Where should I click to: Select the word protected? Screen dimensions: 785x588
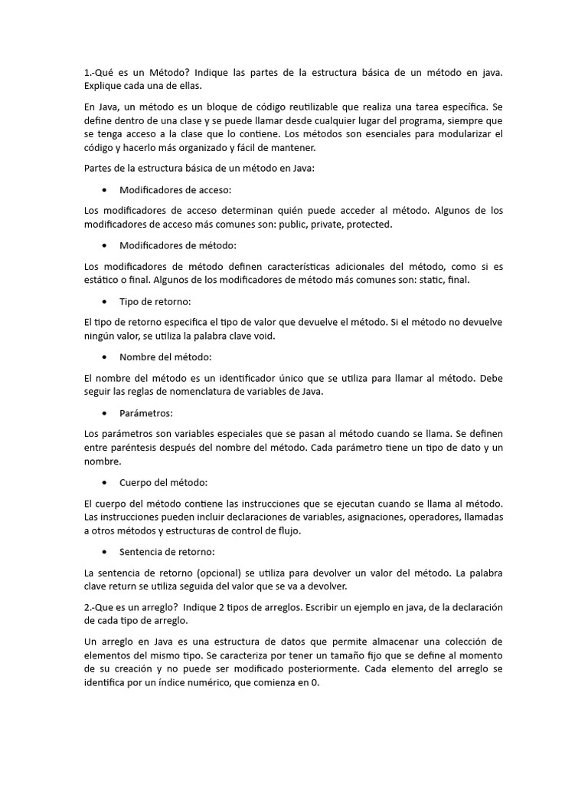(x=368, y=224)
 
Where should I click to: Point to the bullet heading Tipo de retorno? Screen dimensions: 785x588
(x=155, y=301)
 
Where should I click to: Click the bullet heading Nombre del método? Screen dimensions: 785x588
(x=165, y=357)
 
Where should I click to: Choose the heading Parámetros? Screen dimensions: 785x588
(x=146, y=413)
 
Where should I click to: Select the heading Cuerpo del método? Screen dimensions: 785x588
(x=163, y=482)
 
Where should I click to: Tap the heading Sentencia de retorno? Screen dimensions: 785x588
(x=167, y=551)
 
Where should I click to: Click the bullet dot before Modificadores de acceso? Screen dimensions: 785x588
(x=103, y=189)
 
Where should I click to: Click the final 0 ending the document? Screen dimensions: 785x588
(x=314, y=683)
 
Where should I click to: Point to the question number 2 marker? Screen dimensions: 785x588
(x=88, y=607)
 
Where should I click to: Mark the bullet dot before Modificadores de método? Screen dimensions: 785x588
(x=103, y=245)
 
